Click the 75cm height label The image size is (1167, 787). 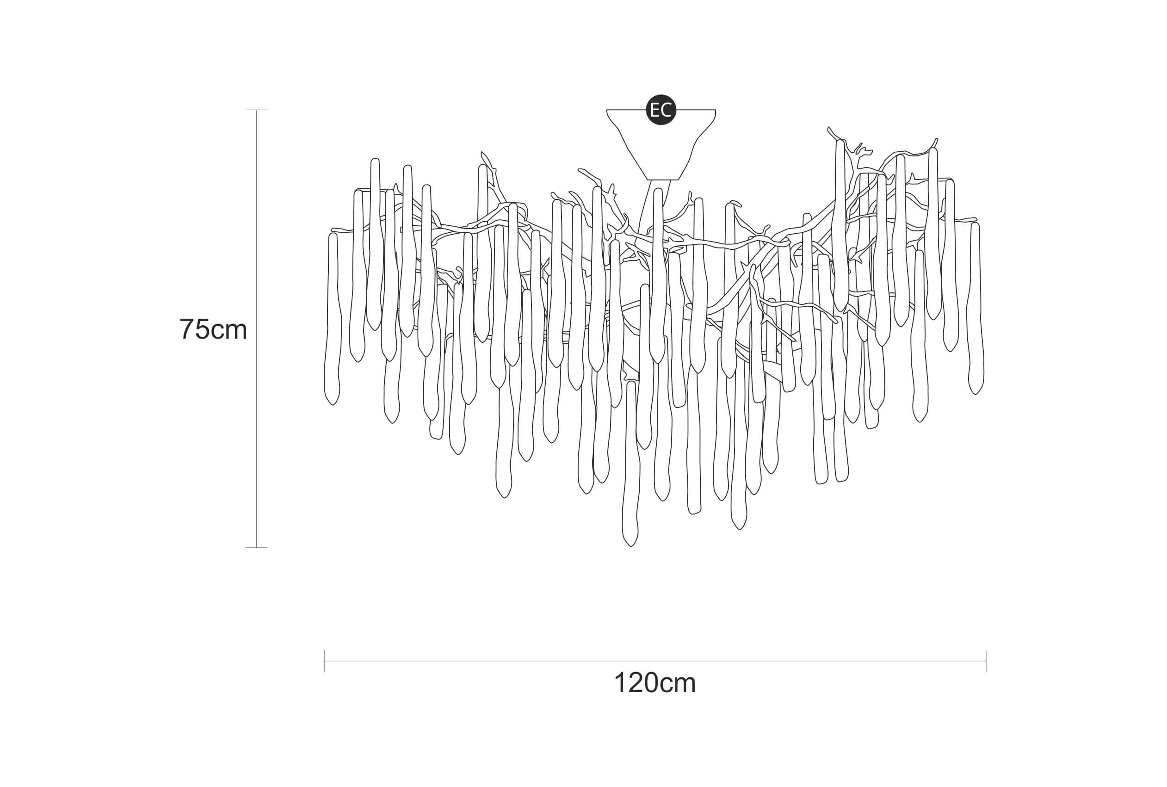pos(213,329)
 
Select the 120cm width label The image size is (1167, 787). pos(655,682)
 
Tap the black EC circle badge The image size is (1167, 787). pos(661,110)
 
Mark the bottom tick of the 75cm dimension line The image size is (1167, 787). pos(256,548)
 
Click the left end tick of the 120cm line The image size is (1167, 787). pos(325,661)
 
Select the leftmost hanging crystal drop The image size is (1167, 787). pos(333,319)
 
